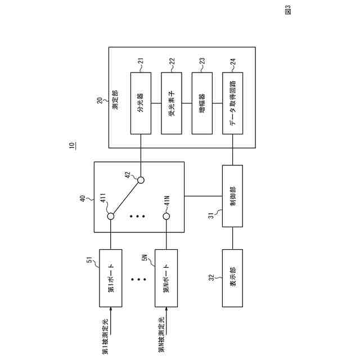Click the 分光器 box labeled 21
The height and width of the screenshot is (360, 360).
(141, 103)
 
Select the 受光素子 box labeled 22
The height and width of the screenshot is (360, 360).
(172, 103)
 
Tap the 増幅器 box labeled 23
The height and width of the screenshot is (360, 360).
(202, 103)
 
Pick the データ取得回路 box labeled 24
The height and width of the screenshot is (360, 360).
(233, 103)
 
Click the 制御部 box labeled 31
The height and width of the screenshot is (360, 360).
(233, 195)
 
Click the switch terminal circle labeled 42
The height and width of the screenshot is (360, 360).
(141, 181)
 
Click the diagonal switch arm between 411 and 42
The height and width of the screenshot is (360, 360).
(125, 199)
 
